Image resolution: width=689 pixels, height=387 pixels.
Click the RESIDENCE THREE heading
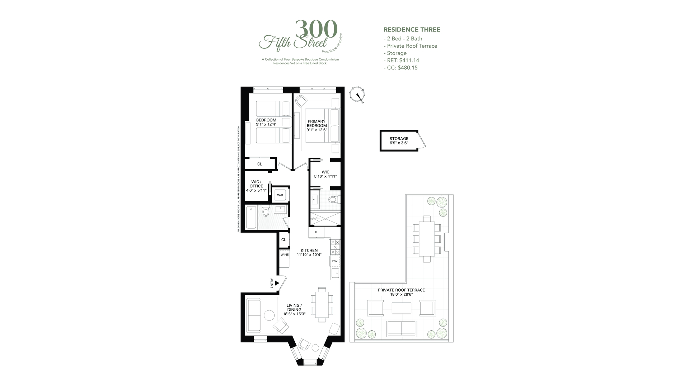[412, 30]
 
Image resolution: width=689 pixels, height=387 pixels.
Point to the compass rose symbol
[358, 95]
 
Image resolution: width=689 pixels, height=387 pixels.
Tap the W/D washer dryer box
[280, 195]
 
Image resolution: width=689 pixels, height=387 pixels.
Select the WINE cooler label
[285, 255]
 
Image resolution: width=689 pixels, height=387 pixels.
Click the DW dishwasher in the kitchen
[335, 261]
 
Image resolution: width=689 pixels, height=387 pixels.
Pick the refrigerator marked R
[316, 232]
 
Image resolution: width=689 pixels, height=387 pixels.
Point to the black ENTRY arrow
[277, 283]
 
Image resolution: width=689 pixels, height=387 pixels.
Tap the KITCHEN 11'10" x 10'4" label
[309, 253]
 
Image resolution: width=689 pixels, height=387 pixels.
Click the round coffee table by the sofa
[269, 315]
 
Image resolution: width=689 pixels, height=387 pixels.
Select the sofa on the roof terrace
[402, 329]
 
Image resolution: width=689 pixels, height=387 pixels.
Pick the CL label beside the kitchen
[283, 240]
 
